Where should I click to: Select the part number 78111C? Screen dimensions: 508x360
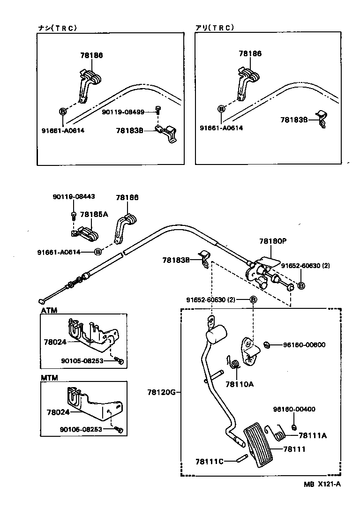click(x=210, y=461)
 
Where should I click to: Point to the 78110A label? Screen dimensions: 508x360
click(x=239, y=384)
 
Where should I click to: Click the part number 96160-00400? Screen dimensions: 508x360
click(x=294, y=409)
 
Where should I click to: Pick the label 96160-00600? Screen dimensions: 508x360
click(x=304, y=345)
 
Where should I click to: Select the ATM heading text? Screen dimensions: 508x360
click(x=49, y=310)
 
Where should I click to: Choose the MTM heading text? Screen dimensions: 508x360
click(x=49, y=378)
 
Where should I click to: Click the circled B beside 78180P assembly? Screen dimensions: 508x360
click(x=301, y=285)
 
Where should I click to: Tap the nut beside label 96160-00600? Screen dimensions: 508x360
click(x=266, y=345)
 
